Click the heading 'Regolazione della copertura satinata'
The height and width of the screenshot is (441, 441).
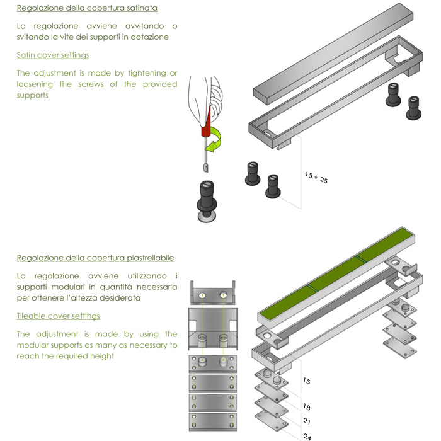point(87,8)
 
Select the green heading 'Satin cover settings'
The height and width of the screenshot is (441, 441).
point(53,55)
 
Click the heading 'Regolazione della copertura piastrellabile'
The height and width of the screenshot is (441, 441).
point(95,258)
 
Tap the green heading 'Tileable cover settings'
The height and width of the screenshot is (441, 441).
point(58,316)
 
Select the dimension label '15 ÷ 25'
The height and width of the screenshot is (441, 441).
point(316,178)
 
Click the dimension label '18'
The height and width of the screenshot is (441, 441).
point(307,407)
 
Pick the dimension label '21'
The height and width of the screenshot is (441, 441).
point(307,421)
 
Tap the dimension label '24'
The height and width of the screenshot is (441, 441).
point(307,437)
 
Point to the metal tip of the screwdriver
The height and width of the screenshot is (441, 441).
point(206,168)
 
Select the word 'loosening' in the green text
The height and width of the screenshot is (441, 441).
point(35,84)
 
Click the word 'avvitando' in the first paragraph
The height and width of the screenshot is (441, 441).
point(144,26)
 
